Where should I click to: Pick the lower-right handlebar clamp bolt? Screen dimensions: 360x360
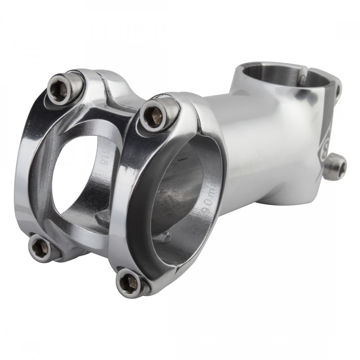[131, 283]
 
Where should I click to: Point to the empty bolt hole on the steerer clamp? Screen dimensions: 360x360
[337, 90]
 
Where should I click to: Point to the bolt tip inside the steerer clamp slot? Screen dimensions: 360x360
[302, 80]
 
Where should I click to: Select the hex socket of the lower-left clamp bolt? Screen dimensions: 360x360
[40, 247]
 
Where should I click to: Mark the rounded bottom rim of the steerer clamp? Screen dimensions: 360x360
[297, 198]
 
